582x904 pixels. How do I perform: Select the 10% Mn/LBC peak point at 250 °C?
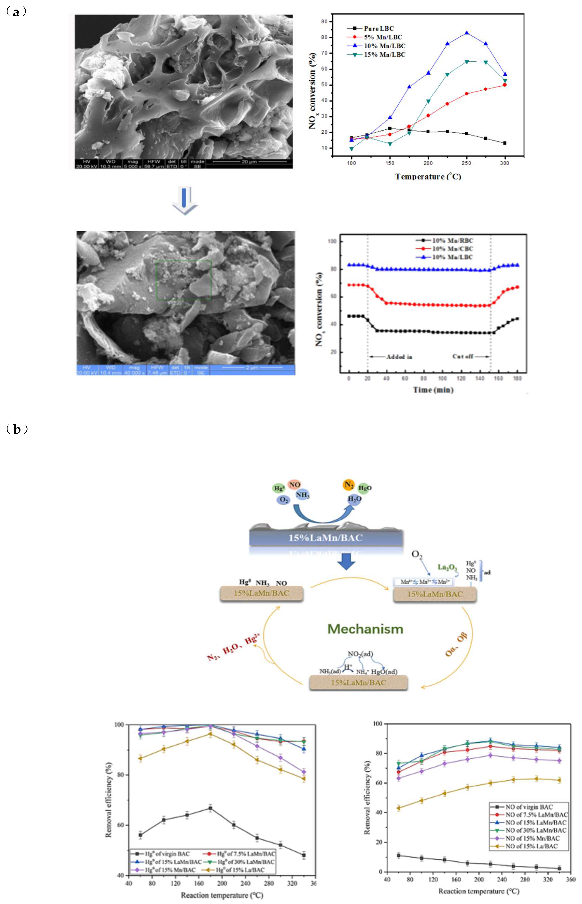pyautogui.click(x=467, y=33)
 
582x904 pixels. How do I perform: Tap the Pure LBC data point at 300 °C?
pyautogui.click(x=505, y=143)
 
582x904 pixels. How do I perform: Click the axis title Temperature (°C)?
pyautogui.click(x=428, y=177)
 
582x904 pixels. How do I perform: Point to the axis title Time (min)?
pyautogui.click(x=433, y=390)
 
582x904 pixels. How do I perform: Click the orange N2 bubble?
pyautogui.click(x=348, y=485)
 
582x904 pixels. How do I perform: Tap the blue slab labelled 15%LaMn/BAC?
pyautogui.click(x=326, y=537)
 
